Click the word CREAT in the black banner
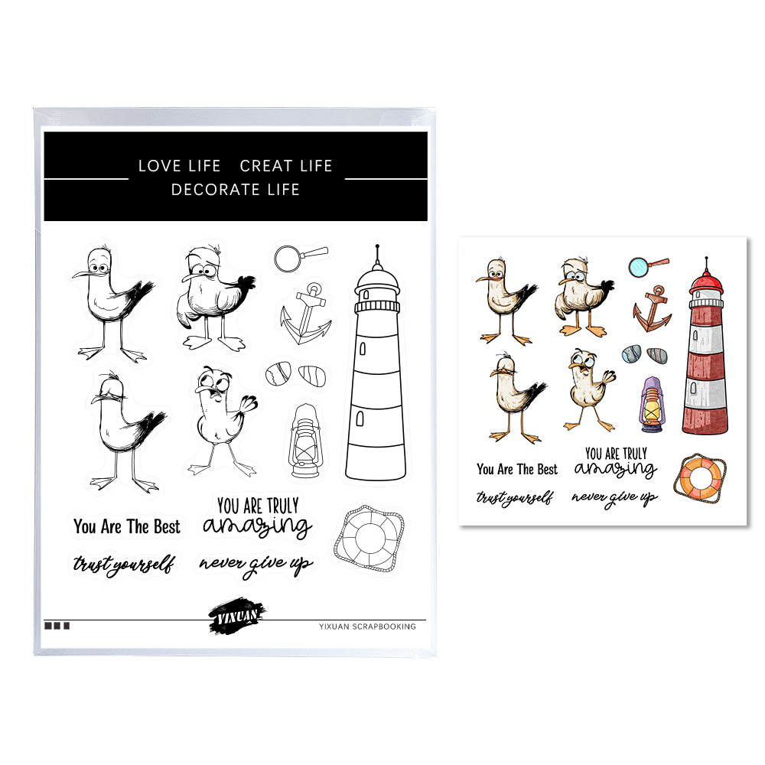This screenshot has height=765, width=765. (x=266, y=166)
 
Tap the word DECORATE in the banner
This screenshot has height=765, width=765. (x=215, y=189)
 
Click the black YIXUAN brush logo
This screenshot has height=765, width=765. (x=236, y=616)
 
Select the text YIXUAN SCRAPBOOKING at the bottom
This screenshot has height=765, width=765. (x=367, y=627)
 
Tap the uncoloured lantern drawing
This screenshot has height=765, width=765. (x=305, y=441)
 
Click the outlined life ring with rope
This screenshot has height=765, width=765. (x=369, y=539)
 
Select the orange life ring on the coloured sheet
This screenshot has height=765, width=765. (x=700, y=478)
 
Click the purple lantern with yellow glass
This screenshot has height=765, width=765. (x=653, y=405)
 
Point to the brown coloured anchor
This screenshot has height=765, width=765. (x=653, y=309)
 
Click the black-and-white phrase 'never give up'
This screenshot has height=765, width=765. (x=256, y=565)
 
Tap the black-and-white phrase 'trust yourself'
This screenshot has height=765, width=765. (x=124, y=564)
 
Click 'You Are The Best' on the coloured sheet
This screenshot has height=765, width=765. (x=517, y=470)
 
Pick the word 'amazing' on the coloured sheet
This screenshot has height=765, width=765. (x=616, y=469)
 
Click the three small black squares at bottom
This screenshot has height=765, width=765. (x=57, y=626)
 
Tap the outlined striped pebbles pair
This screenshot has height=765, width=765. (x=295, y=375)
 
